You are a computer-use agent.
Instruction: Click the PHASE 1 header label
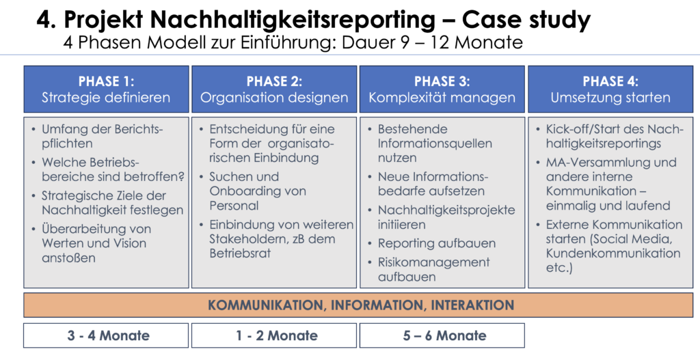coord(106,82)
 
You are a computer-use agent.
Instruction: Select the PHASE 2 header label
coord(274,82)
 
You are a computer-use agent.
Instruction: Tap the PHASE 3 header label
coord(442,82)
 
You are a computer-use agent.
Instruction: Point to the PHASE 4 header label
coord(610,82)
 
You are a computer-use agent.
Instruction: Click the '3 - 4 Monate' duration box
coord(106,335)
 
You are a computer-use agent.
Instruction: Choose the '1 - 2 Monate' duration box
coord(274,335)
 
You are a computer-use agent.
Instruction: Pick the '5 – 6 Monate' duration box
coord(442,335)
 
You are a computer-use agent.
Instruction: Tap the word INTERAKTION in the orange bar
coord(472,305)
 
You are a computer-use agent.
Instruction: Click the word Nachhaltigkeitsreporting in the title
coord(293,20)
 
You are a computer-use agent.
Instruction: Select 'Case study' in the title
coord(526,20)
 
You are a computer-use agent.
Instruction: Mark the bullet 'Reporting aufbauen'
coord(437,244)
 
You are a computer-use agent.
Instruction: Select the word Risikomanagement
coord(433,262)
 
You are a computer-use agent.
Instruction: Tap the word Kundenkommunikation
coord(613,253)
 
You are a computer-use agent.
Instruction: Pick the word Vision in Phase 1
coord(130,244)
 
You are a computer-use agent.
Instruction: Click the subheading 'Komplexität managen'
coord(442,98)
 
